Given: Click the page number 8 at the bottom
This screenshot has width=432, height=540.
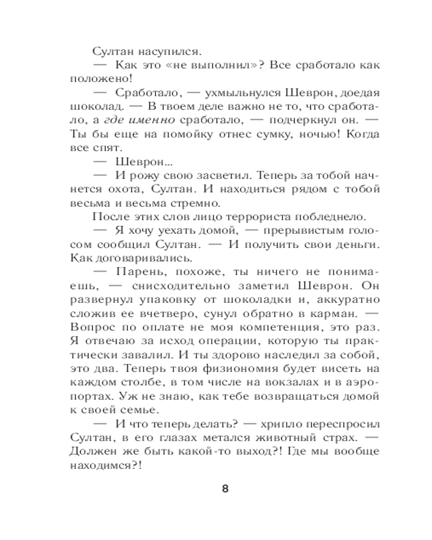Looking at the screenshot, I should [226, 490].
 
